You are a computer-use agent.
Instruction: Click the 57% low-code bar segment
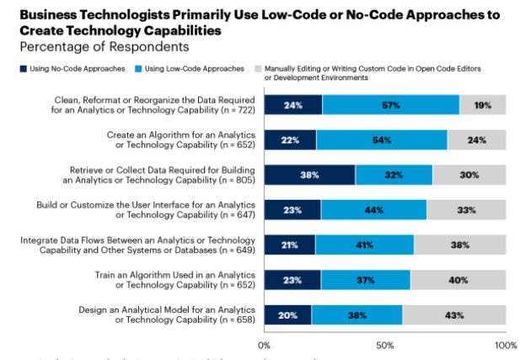coord(390,105)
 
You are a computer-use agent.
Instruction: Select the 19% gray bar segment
coord(482,105)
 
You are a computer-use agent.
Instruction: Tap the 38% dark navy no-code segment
coord(309,175)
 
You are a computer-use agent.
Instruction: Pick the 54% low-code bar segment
coord(382,140)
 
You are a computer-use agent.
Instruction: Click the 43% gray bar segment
coord(453,315)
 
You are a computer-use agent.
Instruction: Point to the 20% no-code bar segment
coord(287,315)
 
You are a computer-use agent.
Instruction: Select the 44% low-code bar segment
coord(373,210)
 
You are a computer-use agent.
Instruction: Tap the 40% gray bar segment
coord(458,280)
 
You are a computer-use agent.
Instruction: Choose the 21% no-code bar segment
coord(289,245)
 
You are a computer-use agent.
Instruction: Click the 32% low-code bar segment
coord(394,175)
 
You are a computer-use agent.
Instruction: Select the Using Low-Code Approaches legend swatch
coord(138,67)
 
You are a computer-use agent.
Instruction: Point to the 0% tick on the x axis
coord(264,346)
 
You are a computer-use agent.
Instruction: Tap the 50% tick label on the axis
coord(384,346)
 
